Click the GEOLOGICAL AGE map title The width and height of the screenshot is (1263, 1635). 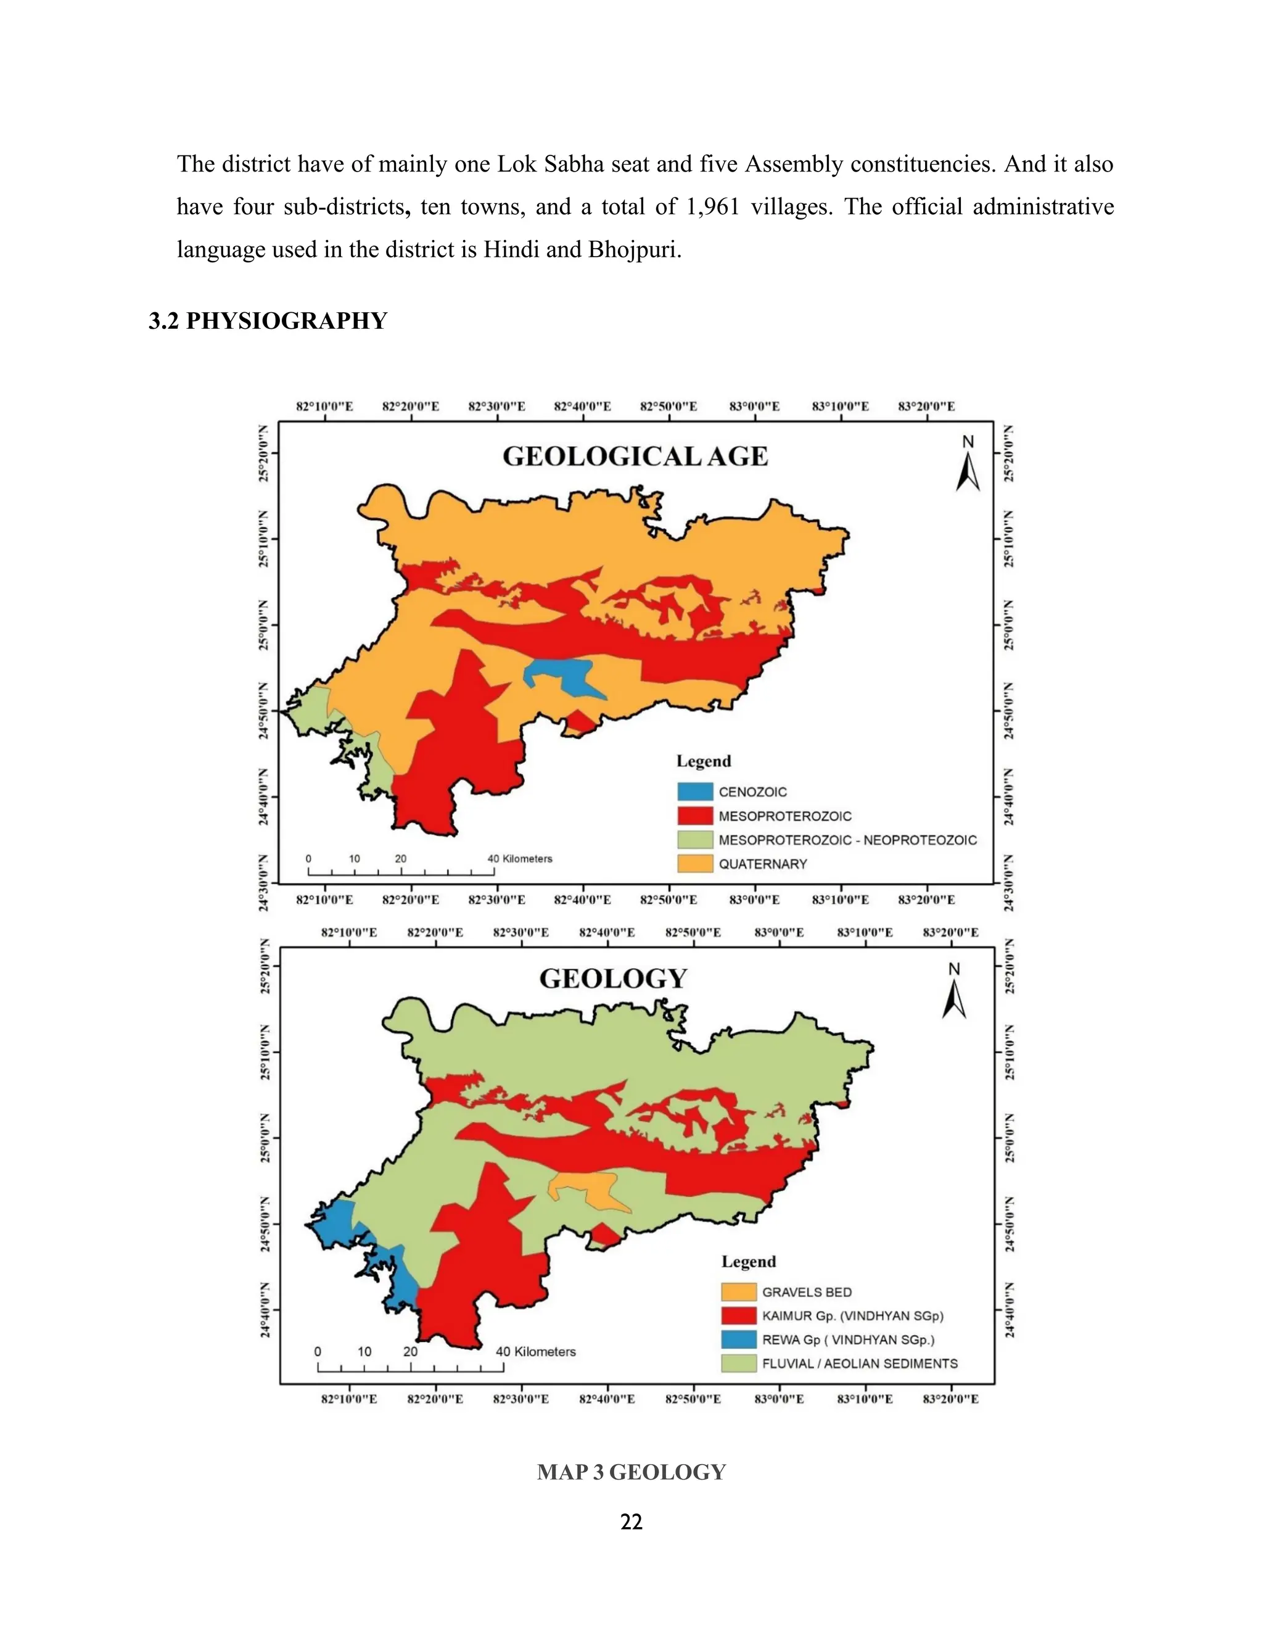[635, 456]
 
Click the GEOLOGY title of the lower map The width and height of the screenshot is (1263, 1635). [613, 979]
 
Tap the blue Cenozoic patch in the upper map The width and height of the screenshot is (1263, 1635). [569, 674]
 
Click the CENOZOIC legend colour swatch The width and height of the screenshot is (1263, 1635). [695, 792]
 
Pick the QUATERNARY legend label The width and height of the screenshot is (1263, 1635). [762, 864]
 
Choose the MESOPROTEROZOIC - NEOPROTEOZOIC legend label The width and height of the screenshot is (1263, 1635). [847, 840]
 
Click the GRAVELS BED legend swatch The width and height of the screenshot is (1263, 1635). [738, 1291]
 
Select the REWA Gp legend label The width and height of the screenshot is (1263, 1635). [848, 1339]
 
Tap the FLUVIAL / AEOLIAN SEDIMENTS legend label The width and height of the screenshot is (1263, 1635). [859, 1364]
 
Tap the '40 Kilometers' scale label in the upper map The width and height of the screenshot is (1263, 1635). [520, 859]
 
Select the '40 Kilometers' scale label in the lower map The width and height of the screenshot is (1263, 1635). [536, 1351]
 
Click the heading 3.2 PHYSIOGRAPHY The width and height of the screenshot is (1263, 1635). [268, 321]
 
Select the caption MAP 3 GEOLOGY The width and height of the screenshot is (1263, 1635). [631, 1471]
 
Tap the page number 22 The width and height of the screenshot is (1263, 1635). [631, 1521]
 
